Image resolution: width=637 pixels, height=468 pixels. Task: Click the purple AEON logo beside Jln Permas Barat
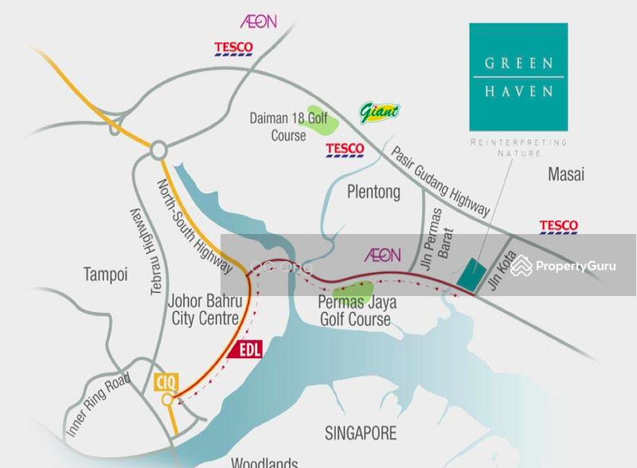coord(382,255)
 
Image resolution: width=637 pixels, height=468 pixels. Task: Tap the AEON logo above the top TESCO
coord(258,21)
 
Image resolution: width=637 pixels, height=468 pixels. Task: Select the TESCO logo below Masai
coord(558,227)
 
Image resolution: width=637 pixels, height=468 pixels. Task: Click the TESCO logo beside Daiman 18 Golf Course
coord(345,150)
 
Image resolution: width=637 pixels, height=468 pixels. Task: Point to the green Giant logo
coord(379,113)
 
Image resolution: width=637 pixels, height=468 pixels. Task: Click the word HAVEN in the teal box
coord(518,92)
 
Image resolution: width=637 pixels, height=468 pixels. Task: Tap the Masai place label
coord(566,174)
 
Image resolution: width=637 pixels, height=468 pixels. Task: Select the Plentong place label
coord(373,193)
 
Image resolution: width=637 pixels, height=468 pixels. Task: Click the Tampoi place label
coord(106,275)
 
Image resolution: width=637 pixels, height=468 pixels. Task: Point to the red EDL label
coord(249,349)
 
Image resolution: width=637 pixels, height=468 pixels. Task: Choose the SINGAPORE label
coord(361,433)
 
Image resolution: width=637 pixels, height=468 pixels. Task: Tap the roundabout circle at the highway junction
coord(158,149)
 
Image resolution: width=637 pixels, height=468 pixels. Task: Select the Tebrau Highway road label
coord(146,248)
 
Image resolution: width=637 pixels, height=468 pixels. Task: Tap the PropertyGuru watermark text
coord(574,267)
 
